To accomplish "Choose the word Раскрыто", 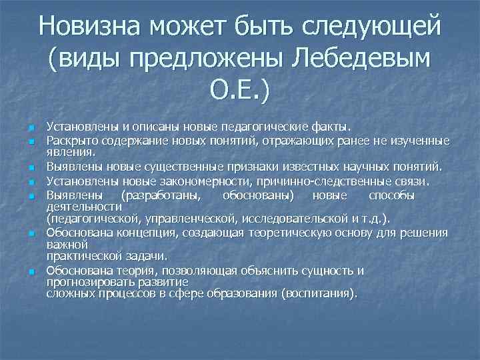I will [x=71, y=141].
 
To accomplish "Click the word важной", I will [x=64, y=244].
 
